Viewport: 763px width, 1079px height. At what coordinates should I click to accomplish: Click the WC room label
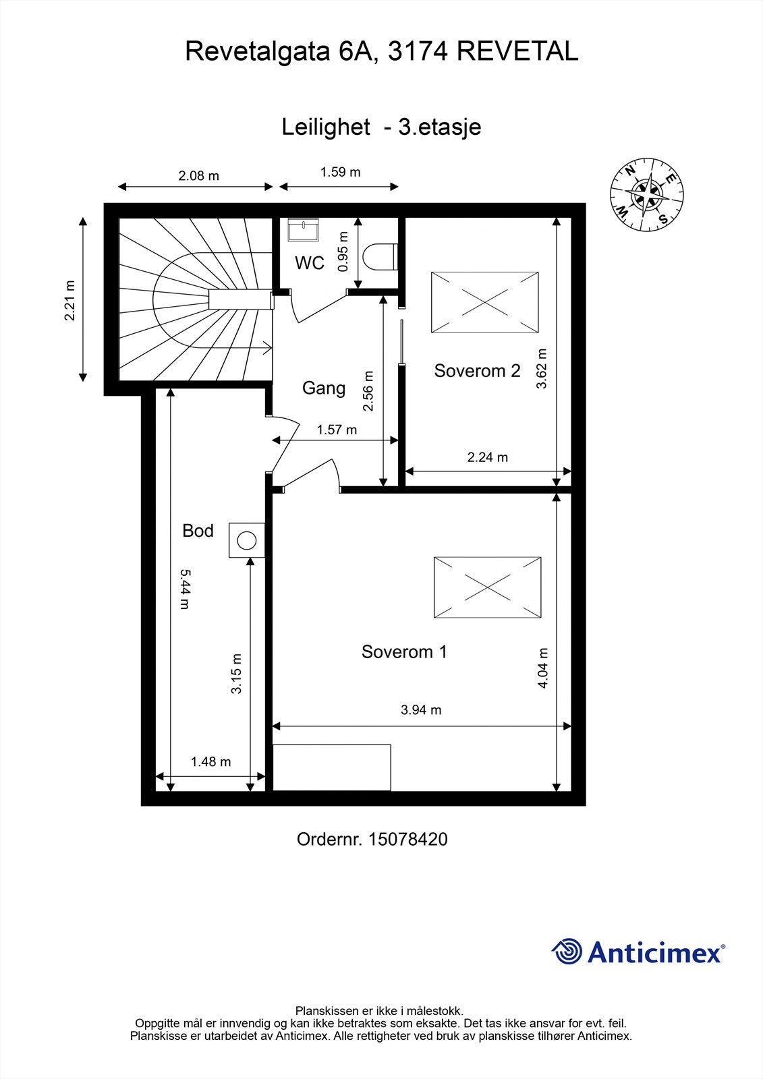click(x=310, y=263)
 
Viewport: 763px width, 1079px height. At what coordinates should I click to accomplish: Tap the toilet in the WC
click(x=379, y=257)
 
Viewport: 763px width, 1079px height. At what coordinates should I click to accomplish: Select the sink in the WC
click(x=303, y=229)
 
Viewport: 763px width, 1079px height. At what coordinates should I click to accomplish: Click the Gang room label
click(x=323, y=388)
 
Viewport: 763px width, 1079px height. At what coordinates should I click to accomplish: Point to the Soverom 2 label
click(x=477, y=370)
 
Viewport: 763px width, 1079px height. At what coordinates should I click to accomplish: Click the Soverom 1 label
click(x=404, y=651)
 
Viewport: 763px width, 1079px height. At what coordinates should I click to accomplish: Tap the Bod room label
click(x=198, y=531)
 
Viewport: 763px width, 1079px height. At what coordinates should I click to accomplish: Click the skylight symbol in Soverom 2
click(x=485, y=303)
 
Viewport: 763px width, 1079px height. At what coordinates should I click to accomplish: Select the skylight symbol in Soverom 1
click(x=487, y=587)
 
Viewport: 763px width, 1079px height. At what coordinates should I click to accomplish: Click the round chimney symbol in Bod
click(x=247, y=540)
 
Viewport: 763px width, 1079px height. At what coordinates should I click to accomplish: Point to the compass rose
click(x=646, y=193)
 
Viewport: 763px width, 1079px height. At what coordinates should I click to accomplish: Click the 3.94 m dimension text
click(x=421, y=709)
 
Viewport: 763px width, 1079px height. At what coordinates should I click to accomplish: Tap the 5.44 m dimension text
click(x=185, y=589)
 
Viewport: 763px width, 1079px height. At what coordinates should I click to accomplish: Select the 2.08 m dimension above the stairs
click(x=198, y=176)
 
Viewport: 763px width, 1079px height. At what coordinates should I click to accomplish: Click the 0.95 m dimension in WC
click(x=343, y=252)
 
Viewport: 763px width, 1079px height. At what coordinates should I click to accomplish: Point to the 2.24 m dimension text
click(x=487, y=457)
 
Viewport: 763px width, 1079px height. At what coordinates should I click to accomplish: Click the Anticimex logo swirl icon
click(x=567, y=952)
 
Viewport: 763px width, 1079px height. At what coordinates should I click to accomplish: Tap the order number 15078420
click(x=407, y=839)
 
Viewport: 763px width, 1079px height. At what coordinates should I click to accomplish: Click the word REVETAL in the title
click(x=517, y=51)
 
